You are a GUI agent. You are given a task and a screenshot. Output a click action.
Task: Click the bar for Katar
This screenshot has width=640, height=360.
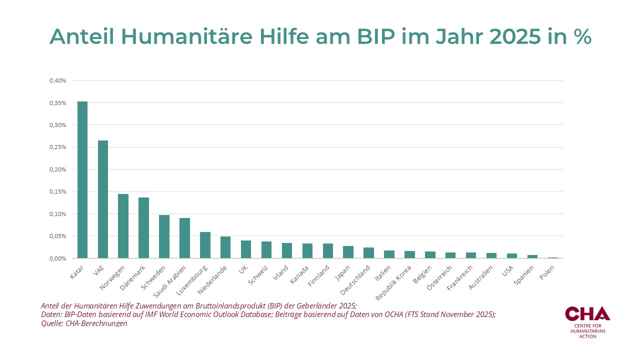tap(82, 180)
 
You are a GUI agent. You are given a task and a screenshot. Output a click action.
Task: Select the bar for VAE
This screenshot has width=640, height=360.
tap(103, 199)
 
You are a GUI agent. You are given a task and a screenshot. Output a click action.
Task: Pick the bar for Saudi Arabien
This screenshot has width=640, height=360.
tap(184, 238)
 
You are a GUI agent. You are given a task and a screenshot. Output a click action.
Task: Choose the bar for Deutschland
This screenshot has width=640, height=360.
tap(368, 253)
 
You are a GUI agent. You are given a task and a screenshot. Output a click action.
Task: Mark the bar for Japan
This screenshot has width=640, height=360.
tap(348, 252)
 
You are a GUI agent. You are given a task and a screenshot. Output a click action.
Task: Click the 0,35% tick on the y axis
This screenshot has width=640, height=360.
tap(58, 103)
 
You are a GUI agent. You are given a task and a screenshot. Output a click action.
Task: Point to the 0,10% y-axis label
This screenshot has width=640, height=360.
tap(58, 214)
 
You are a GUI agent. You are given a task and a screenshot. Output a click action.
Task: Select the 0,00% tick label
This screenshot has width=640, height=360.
tap(58, 258)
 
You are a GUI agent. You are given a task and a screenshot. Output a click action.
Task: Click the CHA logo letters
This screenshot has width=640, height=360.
tap(587, 313)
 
